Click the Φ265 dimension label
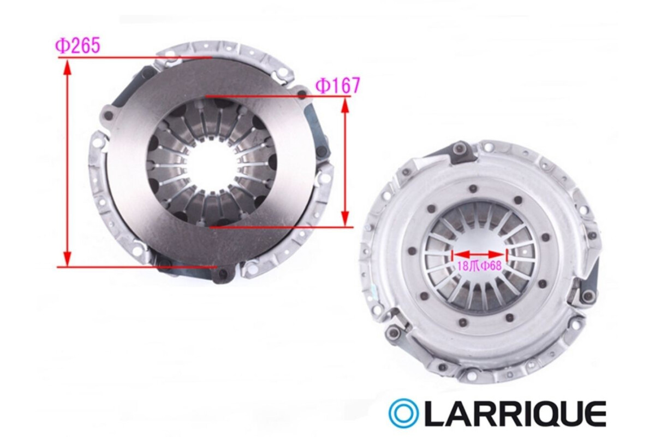point(78,46)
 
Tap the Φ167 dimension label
point(337,86)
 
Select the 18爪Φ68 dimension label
point(480,266)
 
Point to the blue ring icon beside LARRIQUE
point(403,414)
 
